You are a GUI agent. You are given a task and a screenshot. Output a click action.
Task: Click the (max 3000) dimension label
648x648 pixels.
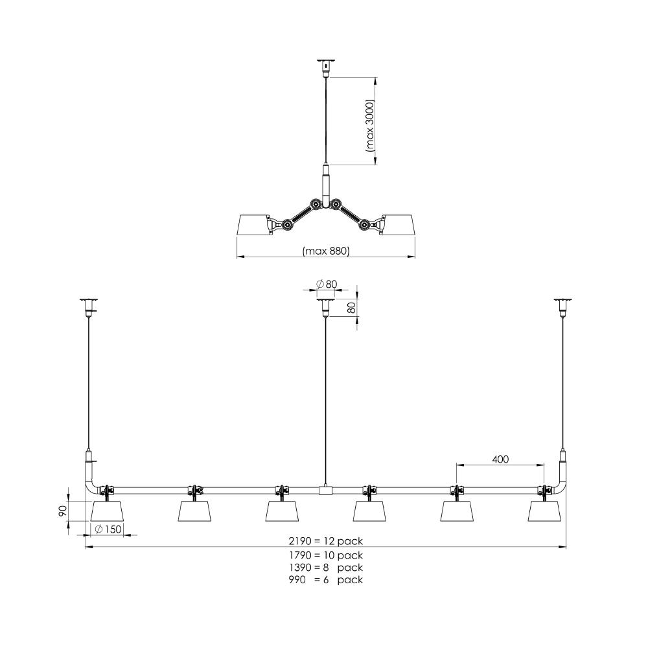370,126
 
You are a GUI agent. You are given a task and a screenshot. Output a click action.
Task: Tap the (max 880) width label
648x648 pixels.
326,250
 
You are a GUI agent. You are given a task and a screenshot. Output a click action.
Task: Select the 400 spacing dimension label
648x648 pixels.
500,459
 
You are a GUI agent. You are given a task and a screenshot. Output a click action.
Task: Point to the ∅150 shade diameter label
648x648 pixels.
108,529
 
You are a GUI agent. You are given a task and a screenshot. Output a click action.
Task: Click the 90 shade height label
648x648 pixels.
62,511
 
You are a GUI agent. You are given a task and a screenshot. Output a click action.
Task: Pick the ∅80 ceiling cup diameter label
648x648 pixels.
327,284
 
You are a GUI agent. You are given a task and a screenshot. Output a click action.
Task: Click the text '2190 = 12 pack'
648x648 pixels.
326,541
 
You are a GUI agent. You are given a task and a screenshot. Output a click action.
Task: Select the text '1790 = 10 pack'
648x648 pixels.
326,555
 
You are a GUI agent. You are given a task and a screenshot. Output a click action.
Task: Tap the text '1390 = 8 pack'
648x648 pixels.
326,568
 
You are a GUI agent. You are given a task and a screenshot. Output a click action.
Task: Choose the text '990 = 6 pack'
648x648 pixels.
326,580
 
